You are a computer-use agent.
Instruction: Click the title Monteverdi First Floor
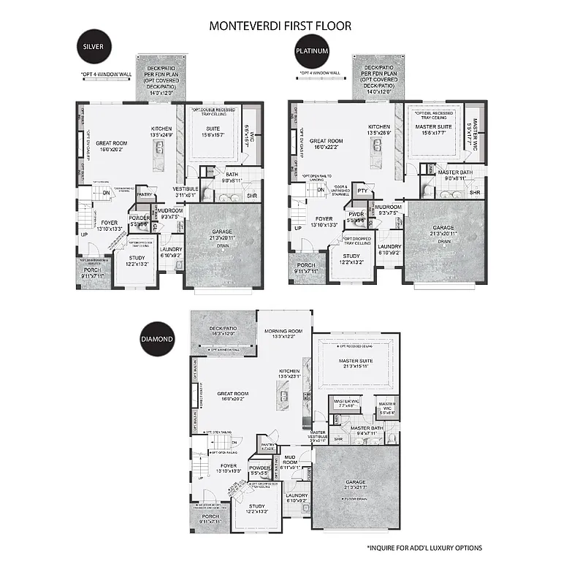pos(280,26)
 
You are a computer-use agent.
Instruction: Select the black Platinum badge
pos(310,52)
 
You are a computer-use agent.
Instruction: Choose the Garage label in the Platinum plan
pos(443,229)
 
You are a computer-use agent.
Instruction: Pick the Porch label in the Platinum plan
pos(305,267)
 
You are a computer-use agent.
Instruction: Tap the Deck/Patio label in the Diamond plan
pos(223,330)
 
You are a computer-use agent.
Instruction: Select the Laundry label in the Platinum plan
pos(389,248)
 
